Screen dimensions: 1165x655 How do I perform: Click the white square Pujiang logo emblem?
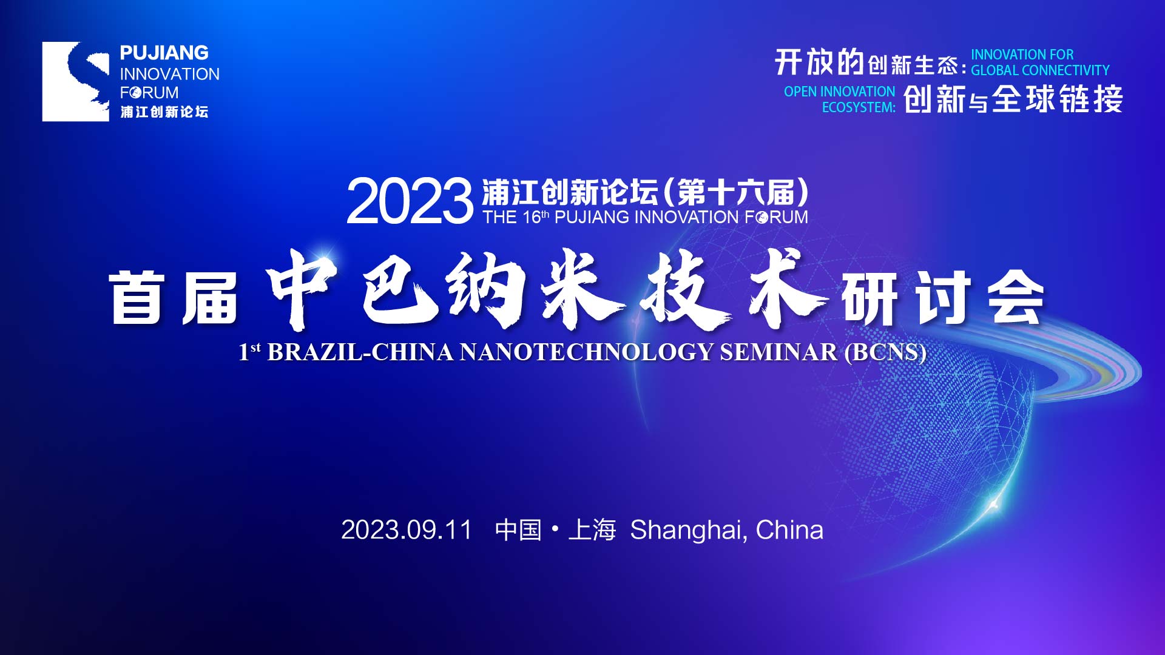click(75, 81)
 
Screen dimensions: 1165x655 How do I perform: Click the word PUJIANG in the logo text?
click(164, 53)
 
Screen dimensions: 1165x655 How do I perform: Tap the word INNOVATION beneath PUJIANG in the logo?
click(169, 74)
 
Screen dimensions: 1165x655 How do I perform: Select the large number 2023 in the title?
click(409, 201)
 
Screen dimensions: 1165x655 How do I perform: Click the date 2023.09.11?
click(406, 529)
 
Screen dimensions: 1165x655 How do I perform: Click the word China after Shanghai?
click(789, 529)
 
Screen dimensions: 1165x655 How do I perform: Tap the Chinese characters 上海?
click(592, 529)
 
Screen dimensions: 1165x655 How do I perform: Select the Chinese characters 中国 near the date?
click(518, 529)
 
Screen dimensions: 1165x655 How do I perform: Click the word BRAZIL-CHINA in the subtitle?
click(360, 352)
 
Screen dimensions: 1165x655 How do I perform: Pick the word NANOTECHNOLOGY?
click(586, 352)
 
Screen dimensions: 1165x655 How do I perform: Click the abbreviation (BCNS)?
click(885, 352)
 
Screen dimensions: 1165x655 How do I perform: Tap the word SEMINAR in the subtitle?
click(778, 352)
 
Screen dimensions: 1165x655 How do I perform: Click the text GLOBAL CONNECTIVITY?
click(1040, 70)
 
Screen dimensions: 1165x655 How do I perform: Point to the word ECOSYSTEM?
click(859, 107)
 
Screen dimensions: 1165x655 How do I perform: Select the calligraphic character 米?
click(582, 289)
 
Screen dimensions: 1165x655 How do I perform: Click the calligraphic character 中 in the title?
click(302, 289)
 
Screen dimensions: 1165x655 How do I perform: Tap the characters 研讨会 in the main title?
click(942, 297)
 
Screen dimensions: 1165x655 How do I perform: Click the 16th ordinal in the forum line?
click(536, 217)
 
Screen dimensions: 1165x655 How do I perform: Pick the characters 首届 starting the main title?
click(174, 297)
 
